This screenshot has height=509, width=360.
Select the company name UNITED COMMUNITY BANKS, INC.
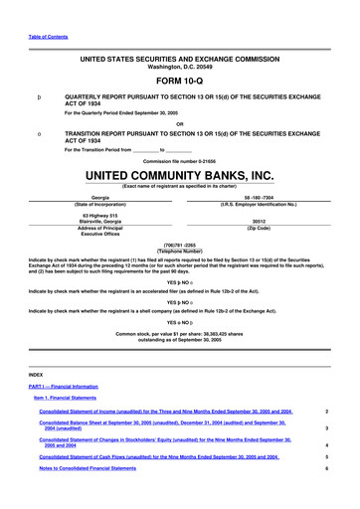click(x=179, y=175)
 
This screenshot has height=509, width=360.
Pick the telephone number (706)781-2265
click(x=180, y=244)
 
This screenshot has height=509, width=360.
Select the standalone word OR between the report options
click(x=179, y=123)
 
